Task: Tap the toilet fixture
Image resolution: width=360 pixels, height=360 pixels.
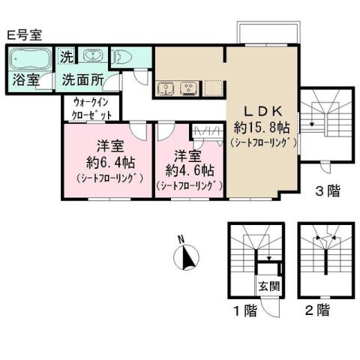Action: pyautogui.click(x=121, y=56)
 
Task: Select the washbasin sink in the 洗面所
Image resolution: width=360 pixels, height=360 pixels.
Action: pyautogui.click(x=91, y=57)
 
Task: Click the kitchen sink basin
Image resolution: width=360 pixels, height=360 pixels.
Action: pyautogui.click(x=165, y=88)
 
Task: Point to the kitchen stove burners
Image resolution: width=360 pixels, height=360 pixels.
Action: pyautogui.click(x=187, y=88)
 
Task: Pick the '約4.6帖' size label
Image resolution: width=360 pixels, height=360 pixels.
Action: pyautogui.click(x=190, y=169)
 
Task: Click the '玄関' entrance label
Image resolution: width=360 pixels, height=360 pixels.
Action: pyautogui.click(x=269, y=285)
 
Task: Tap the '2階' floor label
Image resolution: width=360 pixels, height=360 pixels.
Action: pyautogui.click(x=318, y=309)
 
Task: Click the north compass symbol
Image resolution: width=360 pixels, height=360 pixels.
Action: pyautogui.click(x=185, y=257)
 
